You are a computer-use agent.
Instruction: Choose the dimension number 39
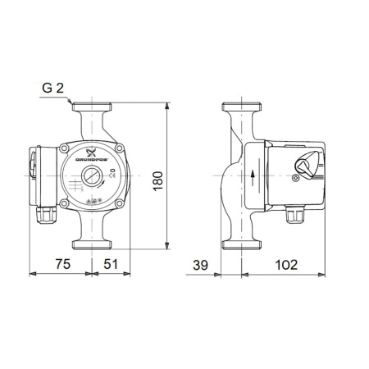point(200,264)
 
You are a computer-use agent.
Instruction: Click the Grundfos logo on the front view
point(91,156)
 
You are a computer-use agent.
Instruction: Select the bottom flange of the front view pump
point(91,242)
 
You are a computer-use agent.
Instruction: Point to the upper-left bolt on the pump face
point(66,148)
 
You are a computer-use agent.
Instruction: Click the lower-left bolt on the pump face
point(66,200)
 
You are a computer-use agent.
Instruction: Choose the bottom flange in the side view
point(241,242)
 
